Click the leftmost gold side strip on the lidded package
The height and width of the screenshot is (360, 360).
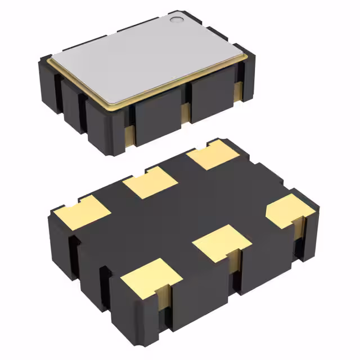click(x=129, y=135)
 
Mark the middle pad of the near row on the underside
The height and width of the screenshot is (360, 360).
click(x=221, y=243)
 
